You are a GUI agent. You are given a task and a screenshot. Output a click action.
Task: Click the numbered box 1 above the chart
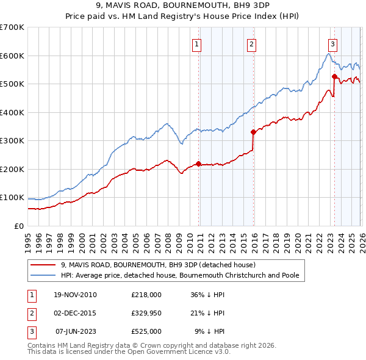click(x=198, y=43)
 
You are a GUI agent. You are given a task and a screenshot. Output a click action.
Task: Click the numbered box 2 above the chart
click(x=252, y=43)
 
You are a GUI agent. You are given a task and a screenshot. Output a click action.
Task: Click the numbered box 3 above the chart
click(x=332, y=43)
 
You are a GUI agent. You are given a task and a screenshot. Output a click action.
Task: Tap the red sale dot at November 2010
click(x=199, y=164)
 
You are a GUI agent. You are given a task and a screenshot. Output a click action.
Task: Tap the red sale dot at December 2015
click(x=253, y=131)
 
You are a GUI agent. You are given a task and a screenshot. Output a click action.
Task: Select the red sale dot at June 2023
click(x=334, y=76)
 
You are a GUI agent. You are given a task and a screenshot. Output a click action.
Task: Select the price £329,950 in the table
click(x=146, y=313)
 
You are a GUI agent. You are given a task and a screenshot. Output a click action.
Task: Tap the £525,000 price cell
click(x=146, y=331)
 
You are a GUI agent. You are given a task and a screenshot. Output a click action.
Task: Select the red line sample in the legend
click(x=43, y=265)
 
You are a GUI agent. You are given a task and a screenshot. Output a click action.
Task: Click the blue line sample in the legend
click(x=43, y=276)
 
